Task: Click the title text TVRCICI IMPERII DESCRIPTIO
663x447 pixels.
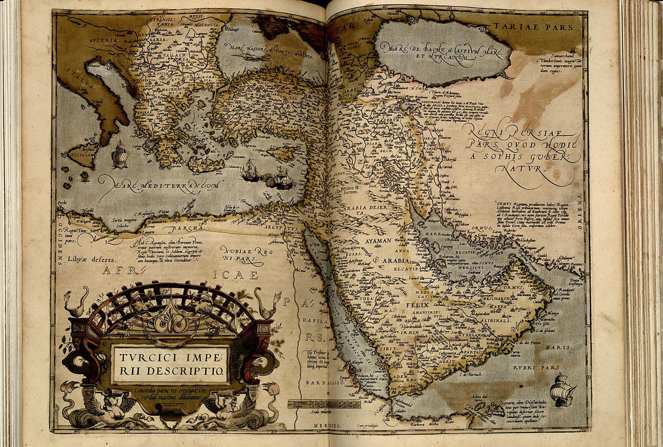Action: click(170, 364)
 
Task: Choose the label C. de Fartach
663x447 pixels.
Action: click(472, 375)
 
